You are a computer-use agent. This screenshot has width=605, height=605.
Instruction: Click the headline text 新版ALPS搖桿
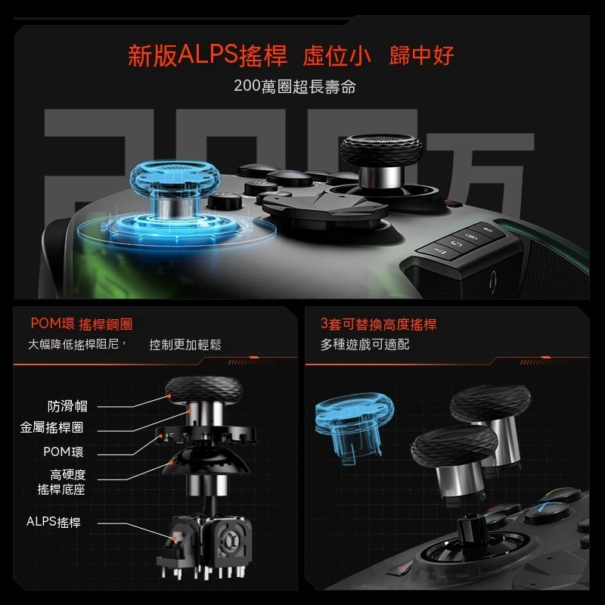coord(208,56)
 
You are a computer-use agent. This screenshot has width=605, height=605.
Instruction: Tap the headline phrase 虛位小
coord(337,56)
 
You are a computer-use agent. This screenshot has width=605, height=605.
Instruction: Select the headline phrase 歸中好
coord(422,56)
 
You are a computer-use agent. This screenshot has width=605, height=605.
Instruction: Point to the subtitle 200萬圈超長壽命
coord(295,86)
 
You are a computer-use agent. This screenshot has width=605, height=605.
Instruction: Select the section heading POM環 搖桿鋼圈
coord(81,324)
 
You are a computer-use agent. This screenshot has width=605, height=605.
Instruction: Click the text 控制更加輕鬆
coord(185,345)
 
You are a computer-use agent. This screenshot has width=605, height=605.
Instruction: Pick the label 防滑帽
coord(67,406)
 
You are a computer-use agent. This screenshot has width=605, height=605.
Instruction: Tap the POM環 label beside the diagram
coord(63,452)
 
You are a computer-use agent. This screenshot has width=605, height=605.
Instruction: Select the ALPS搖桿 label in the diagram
coord(53,522)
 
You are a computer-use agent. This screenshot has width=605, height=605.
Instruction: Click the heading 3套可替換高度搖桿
coord(378,324)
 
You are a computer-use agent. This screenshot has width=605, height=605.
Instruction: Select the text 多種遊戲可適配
coord(365,345)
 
